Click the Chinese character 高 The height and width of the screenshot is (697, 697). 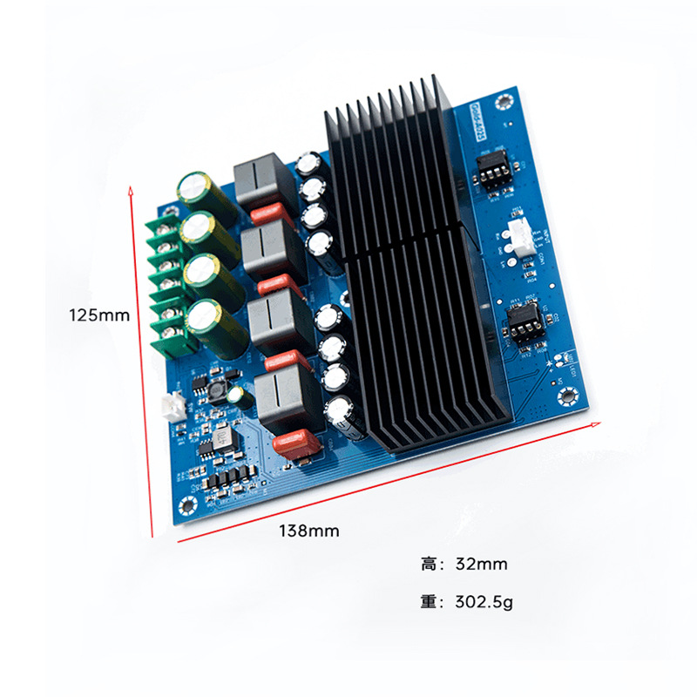[430, 565]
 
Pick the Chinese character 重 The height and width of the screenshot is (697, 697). [430, 602]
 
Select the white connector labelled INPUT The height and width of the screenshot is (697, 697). [520, 238]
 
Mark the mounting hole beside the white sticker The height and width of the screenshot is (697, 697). [503, 103]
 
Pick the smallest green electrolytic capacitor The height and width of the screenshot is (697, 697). [236, 396]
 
